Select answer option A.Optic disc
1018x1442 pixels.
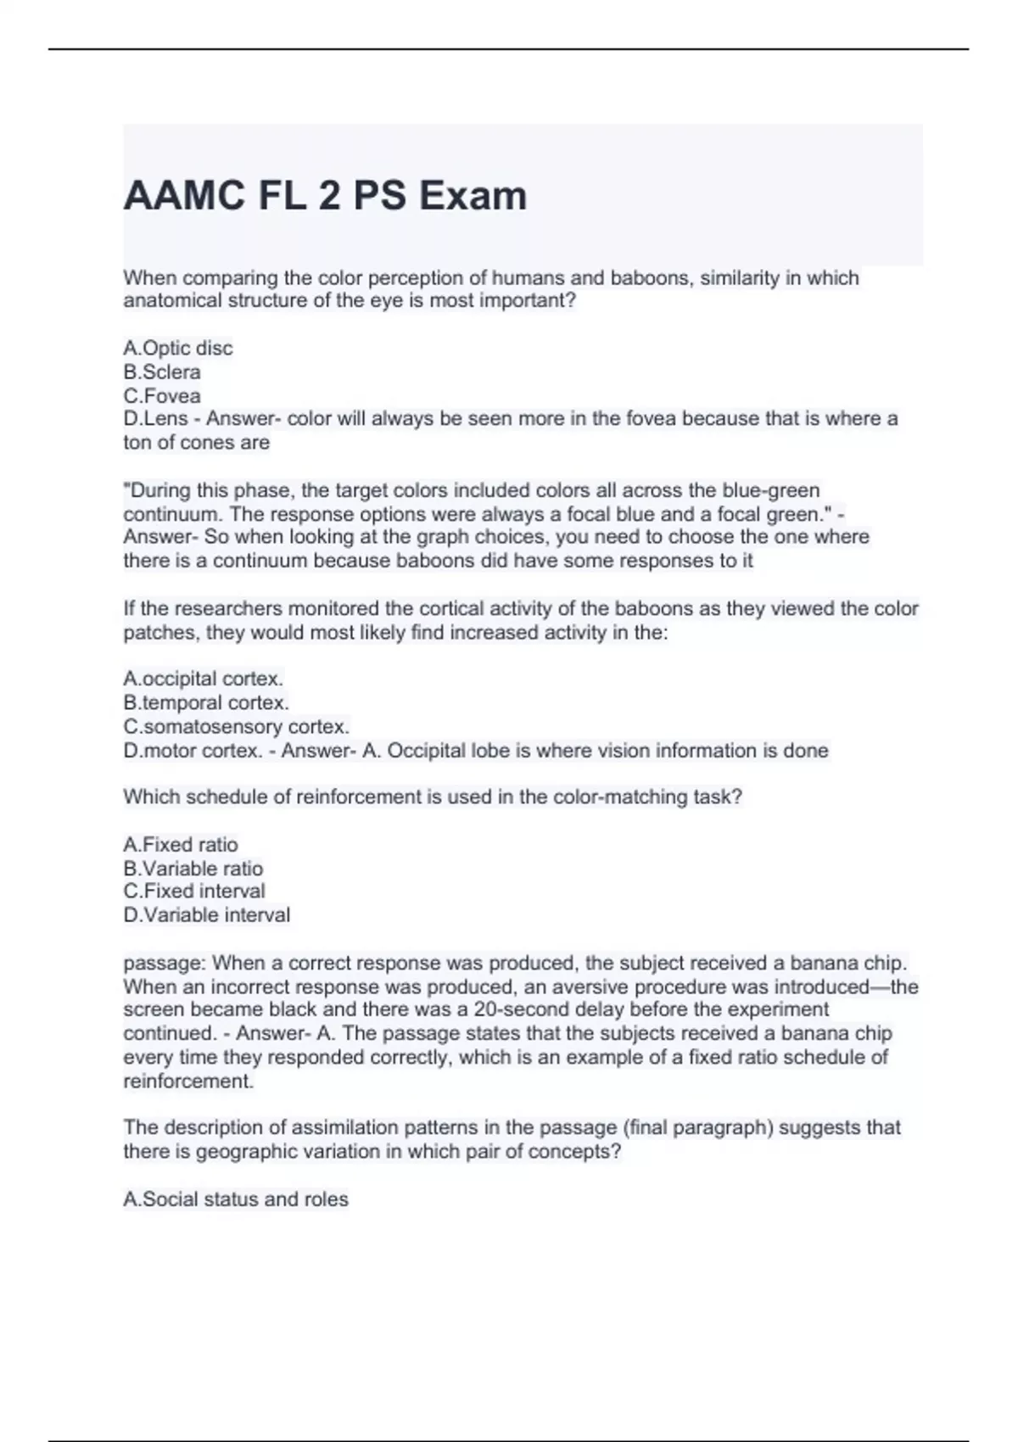tap(177, 348)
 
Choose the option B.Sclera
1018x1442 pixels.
tap(162, 372)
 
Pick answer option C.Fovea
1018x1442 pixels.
tap(162, 395)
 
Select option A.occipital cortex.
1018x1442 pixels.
tap(203, 679)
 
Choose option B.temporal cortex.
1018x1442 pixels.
tap(206, 702)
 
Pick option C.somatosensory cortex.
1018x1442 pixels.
tap(236, 726)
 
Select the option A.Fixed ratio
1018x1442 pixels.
tap(181, 844)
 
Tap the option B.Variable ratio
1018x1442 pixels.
tap(193, 868)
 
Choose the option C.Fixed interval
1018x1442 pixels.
tap(194, 891)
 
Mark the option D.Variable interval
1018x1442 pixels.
tap(206, 914)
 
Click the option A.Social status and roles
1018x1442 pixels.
tap(236, 1199)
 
